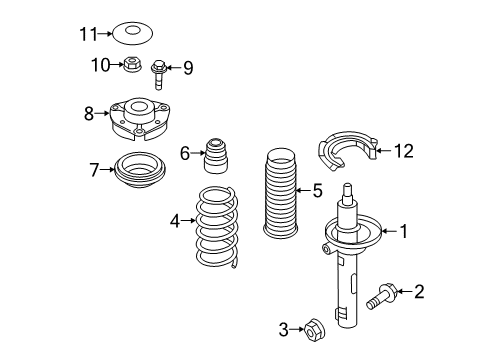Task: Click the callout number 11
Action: point(88,34)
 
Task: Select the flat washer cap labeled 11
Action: point(133,33)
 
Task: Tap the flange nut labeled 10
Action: point(132,64)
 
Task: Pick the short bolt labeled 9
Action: point(159,75)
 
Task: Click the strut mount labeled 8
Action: point(139,119)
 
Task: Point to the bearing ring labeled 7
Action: point(140,170)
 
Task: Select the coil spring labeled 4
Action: point(217,227)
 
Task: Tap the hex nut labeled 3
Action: point(314,330)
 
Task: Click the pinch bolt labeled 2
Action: point(381,296)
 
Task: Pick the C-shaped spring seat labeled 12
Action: point(348,151)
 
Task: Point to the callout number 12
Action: point(404,151)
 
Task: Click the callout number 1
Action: point(404,231)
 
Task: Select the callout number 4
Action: point(175,221)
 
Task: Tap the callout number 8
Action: point(89,114)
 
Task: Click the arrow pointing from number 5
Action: point(303,190)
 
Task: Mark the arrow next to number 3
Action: point(297,329)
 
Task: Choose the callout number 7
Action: point(94,170)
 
